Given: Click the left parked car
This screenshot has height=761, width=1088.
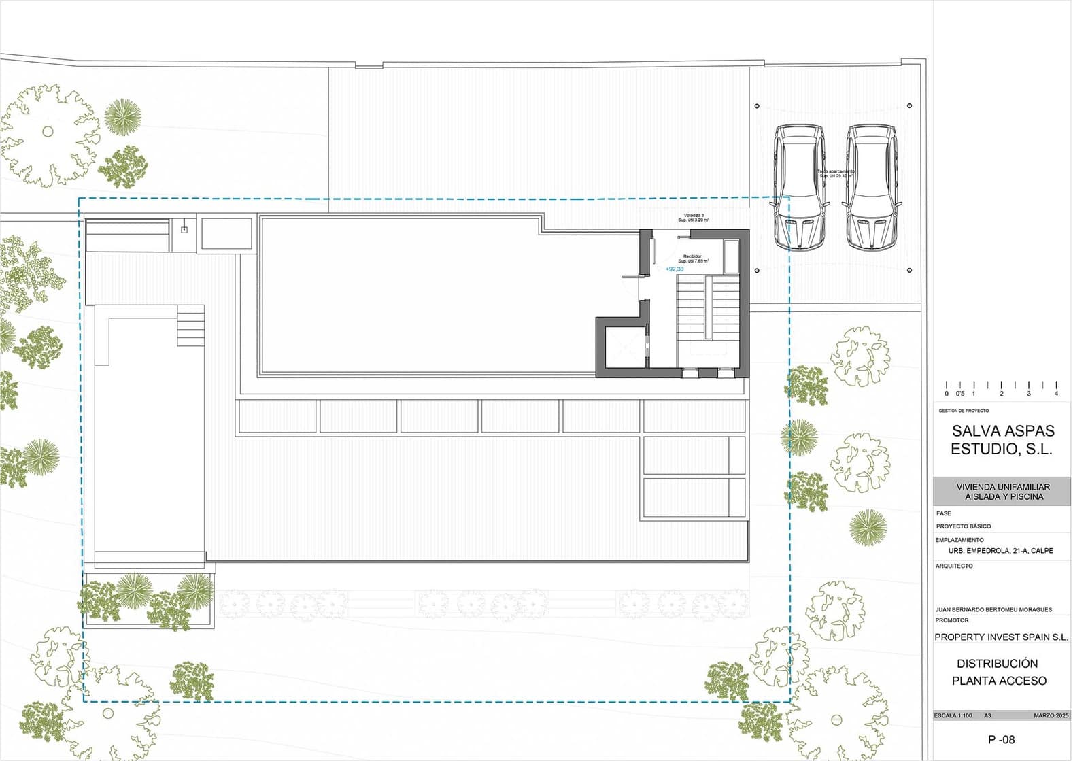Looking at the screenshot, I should [800, 186].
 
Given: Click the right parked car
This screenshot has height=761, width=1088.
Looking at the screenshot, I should [872, 186].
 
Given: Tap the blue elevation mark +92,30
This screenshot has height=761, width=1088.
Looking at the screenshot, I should [675, 269].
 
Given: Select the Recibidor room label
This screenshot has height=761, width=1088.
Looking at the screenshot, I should [692, 256].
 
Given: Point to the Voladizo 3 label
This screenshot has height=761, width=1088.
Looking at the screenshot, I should [694, 216].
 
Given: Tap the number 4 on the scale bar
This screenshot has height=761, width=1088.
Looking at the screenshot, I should [1056, 394].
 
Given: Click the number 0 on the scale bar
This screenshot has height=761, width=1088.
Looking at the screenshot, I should [947, 394].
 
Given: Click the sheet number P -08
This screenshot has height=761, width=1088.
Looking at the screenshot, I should [1001, 739].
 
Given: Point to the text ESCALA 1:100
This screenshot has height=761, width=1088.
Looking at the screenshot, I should [953, 715].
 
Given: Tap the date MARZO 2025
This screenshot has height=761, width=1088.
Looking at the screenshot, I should [1051, 715].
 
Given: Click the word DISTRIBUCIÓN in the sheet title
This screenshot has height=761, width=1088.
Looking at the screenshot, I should [997, 663].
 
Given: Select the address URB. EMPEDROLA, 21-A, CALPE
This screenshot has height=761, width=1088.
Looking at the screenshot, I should [1000, 551].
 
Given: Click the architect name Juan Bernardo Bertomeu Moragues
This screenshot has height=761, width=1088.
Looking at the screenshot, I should [993, 609].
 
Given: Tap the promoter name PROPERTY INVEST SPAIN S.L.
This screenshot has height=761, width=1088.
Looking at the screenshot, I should [1001, 637].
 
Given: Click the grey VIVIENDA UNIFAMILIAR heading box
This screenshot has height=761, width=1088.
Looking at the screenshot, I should [1002, 491].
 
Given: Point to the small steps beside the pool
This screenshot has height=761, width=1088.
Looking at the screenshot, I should [190, 325].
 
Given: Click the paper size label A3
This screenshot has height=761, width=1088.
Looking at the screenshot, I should [987, 715].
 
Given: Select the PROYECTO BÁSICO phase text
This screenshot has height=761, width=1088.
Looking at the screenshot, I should [964, 526].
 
